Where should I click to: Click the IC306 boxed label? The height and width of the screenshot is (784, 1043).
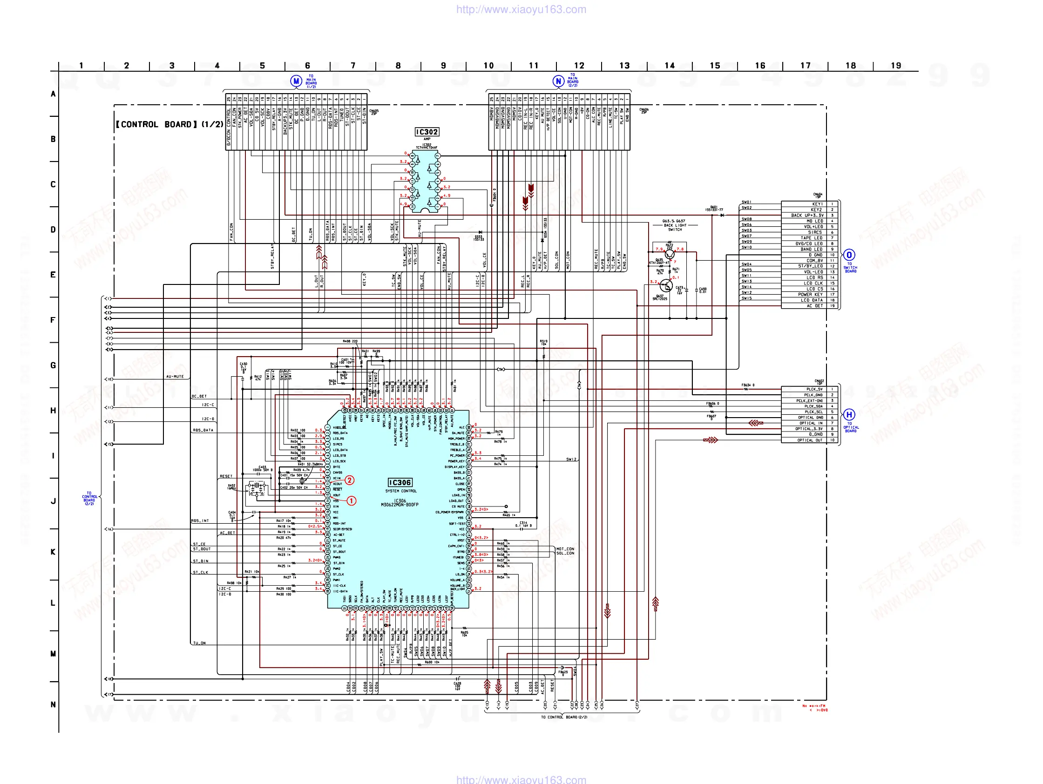pyautogui.click(x=400, y=482)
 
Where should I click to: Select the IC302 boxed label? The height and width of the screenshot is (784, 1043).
pyautogui.click(x=427, y=132)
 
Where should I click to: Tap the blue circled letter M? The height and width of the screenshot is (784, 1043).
pyautogui.click(x=296, y=81)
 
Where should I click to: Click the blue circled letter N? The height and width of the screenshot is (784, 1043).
pyautogui.click(x=558, y=81)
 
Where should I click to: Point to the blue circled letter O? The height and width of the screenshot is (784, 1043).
pyautogui.click(x=849, y=255)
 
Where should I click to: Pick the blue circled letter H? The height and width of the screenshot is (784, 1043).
pyautogui.click(x=849, y=415)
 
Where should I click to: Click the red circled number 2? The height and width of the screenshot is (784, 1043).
pyautogui.click(x=349, y=480)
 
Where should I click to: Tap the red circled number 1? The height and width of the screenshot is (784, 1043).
pyautogui.click(x=351, y=500)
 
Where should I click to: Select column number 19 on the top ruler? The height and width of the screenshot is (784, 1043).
pyautogui.click(x=896, y=66)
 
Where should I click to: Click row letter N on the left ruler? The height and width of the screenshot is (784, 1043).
pyautogui.click(x=53, y=704)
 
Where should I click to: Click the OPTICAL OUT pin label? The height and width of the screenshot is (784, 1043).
pyautogui.click(x=810, y=440)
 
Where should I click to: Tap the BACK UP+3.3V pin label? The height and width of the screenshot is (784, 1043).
pyautogui.click(x=807, y=216)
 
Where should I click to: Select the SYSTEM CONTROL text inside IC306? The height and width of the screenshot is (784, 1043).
pyautogui.click(x=401, y=491)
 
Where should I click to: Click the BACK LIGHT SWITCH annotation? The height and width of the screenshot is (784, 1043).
pyautogui.click(x=675, y=225)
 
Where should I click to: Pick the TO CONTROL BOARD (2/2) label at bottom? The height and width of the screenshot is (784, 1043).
pyautogui.click(x=564, y=717)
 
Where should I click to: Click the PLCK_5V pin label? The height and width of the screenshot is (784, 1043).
pyautogui.click(x=813, y=389)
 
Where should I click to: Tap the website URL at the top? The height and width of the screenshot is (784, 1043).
pyautogui.click(x=521, y=9)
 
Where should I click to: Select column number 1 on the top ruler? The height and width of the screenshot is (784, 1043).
pyautogui.click(x=81, y=66)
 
